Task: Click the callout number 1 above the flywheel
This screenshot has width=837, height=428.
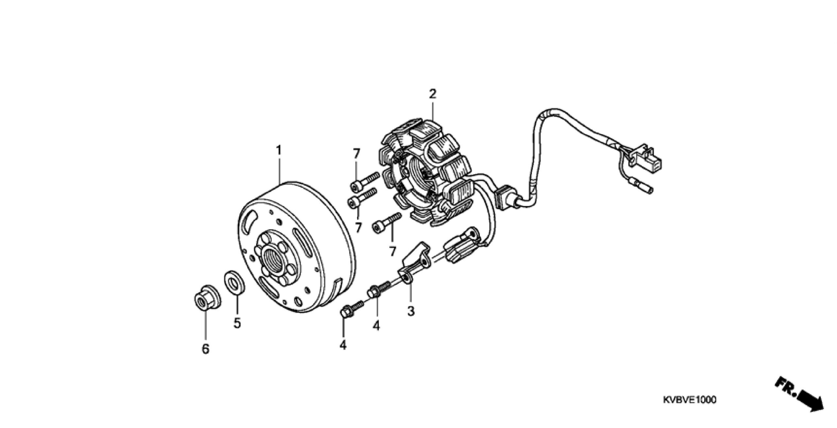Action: pos(279,151)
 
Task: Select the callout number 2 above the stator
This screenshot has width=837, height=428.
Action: pos(432,94)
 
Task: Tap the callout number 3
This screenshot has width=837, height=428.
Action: pos(411,311)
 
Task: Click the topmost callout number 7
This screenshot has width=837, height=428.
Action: pos(356,153)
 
